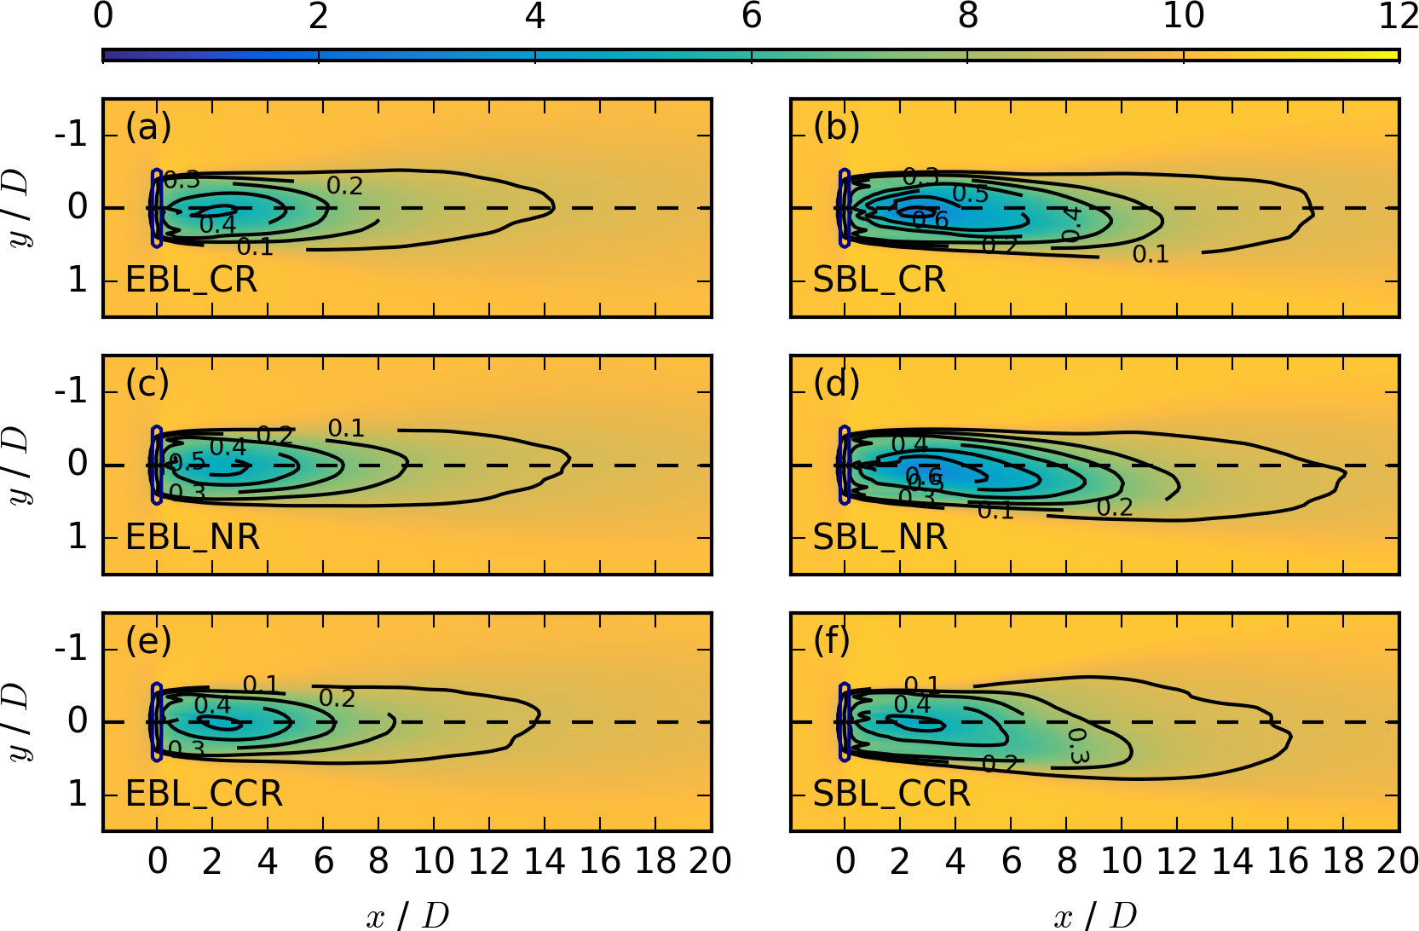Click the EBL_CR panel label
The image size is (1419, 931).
(x=191, y=280)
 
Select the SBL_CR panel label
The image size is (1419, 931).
(x=879, y=280)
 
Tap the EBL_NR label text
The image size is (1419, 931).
(x=192, y=537)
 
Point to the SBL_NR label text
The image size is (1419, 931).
(x=880, y=537)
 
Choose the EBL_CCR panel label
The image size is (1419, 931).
(x=204, y=794)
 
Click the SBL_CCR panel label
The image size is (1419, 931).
(x=891, y=794)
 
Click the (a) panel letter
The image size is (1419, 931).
(x=148, y=127)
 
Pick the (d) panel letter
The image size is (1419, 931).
(x=836, y=384)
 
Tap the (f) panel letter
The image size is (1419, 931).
(x=833, y=640)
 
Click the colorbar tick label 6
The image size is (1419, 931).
(x=751, y=16)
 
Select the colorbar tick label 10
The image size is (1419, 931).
(x=1183, y=16)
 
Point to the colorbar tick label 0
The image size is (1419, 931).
(x=103, y=16)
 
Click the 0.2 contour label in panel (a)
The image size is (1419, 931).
(x=344, y=186)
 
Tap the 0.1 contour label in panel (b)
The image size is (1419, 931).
(x=1150, y=254)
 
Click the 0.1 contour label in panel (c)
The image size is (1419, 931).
(x=346, y=428)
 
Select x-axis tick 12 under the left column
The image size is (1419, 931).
(x=489, y=862)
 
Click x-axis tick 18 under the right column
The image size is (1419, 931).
(x=1344, y=862)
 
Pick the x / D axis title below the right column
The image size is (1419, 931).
(x=1095, y=916)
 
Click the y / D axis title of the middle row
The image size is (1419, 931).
(x=19, y=465)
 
